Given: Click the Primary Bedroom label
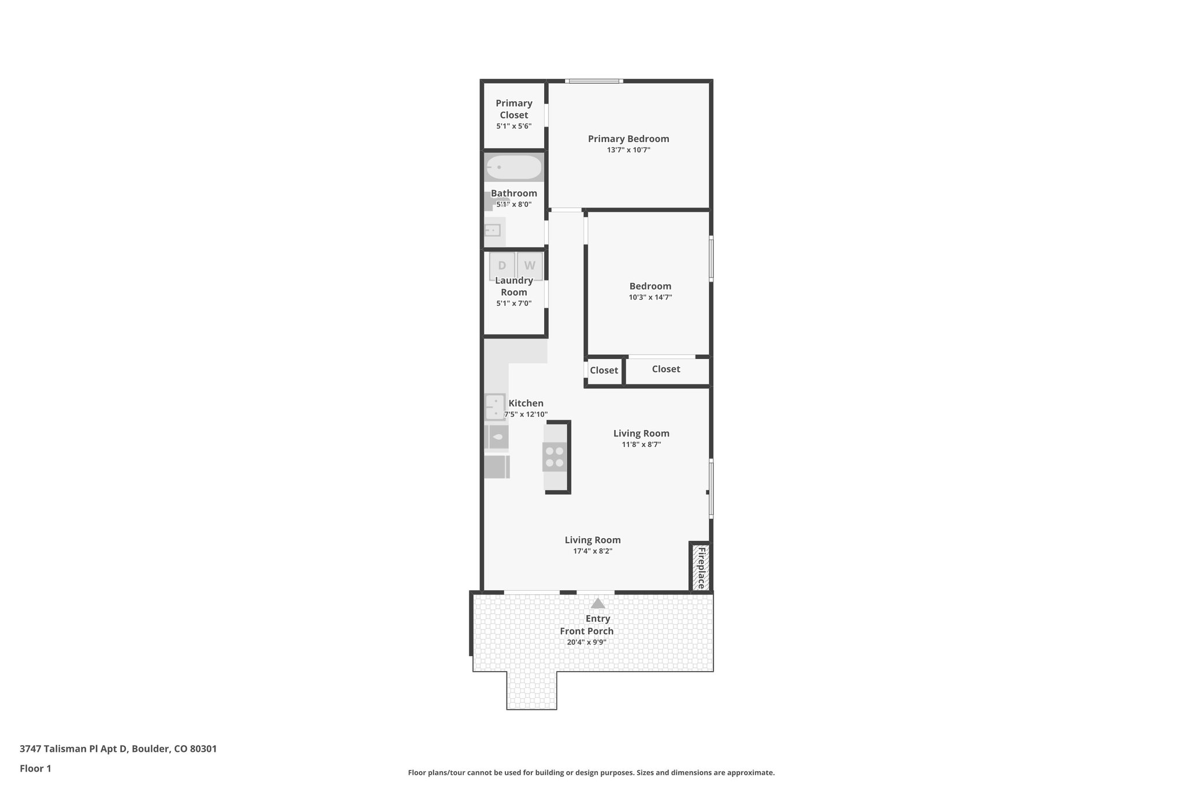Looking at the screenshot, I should [x=628, y=139].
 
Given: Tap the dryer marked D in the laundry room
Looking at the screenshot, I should [x=501, y=266].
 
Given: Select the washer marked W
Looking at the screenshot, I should [x=530, y=266].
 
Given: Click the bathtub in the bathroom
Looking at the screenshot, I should [x=514, y=168].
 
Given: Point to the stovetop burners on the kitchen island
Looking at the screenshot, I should [x=555, y=457].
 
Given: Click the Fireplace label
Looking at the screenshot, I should [x=701, y=568].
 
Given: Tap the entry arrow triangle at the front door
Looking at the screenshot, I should [x=598, y=603].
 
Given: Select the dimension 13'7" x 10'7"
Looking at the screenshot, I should [x=628, y=150].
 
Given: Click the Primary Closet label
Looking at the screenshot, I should [x=514, y=109].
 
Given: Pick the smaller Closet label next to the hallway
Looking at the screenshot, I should [x=604, y=371].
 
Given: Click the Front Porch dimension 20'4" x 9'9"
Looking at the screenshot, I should [x=586, y=642].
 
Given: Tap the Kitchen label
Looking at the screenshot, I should [x=526, y=403].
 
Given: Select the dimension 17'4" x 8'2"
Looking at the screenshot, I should [x=593, y=551].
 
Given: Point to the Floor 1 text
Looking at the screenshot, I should [x=35, y=769].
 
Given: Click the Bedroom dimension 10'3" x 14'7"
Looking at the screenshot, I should [x=650, y=298].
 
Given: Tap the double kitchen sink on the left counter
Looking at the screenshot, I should [x=495, y=406].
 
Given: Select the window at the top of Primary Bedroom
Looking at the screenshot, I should [x=594, y=81].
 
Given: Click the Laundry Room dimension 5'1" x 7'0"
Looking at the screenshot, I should [x=514, y=303].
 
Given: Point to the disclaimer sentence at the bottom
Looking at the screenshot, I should [x=591, y=773].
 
